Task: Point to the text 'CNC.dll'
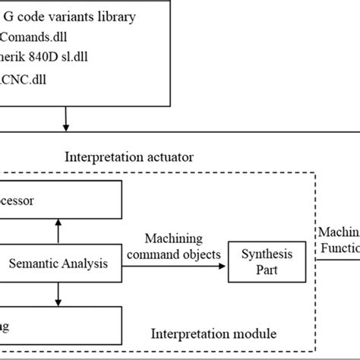[21, 79]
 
